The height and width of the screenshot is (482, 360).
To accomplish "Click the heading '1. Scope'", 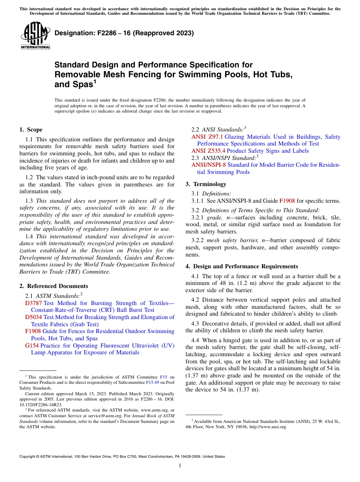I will click(x=31, y=130).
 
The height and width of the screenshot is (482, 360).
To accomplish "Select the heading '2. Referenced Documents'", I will click(x=53, y=286).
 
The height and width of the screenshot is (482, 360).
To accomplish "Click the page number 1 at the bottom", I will click(x=180, y=466).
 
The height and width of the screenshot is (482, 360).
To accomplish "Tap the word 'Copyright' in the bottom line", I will click(x=28, y=457).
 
